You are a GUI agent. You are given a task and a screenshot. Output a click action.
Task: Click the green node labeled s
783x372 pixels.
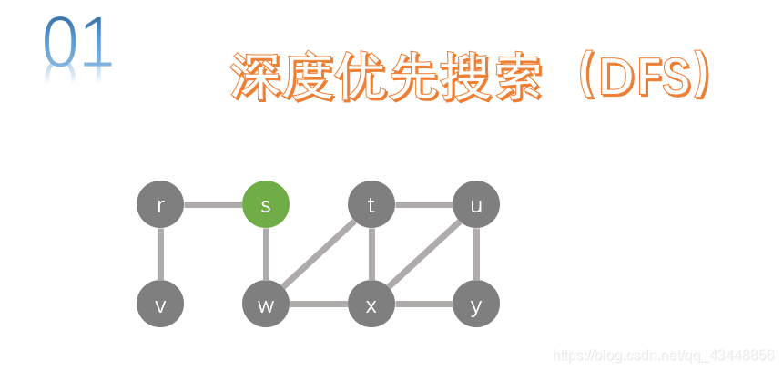click(x=266, y=205)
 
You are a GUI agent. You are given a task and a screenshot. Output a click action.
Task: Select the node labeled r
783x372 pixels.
click(x=160, y=205)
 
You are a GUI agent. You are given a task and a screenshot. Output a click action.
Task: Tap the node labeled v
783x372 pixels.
click(x=160, y=304)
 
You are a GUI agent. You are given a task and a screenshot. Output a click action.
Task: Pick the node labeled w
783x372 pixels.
click(x=266, y=304)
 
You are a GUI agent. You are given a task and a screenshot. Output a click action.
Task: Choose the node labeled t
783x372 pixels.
click(x=371, y=205)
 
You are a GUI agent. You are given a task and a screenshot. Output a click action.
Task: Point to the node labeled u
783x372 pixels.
click(x=476, y=205)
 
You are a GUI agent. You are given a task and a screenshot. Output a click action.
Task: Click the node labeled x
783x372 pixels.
click(x=371, y=304)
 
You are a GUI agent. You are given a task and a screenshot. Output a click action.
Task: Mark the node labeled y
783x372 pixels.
click(x=476, y=304)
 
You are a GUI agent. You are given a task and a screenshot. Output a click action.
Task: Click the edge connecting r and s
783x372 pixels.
click(x=213, y=205)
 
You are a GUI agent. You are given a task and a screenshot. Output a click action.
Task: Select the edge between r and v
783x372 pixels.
click(x=160, y=254)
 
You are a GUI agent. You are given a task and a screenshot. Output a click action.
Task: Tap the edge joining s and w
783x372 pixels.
click(x=266, y=254)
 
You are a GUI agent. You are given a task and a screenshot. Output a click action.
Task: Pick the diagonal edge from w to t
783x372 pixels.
click(x=319, y=254)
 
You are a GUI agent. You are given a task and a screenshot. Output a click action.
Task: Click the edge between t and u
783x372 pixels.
click(x=423, y=205)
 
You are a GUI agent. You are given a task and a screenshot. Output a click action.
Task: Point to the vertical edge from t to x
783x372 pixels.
click(x=371, y=254)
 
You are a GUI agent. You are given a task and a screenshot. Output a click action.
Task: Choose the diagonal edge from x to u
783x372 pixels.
click(x=424, y=254)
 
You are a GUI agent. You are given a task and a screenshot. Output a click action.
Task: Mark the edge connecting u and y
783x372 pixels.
click(x=476, y=254)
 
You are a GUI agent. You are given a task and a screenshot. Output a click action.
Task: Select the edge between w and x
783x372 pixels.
click(x=319, y=304)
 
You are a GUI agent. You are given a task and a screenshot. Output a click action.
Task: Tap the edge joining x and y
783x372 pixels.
click(x=423, y=304)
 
